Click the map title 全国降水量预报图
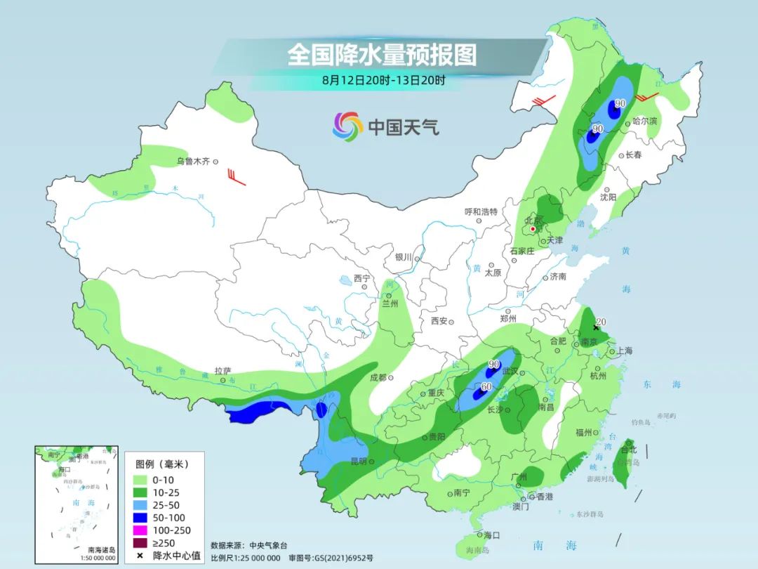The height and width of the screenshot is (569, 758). pos(382,54)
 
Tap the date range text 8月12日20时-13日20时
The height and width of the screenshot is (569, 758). pos(383,80)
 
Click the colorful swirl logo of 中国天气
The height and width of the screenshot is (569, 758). pos(347,126)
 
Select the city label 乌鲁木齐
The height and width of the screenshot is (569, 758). pos(193,162)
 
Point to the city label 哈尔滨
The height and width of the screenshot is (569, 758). pos(644,122)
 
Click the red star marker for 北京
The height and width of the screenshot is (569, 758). pos(533,229)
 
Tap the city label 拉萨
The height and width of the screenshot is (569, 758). pos(222,370)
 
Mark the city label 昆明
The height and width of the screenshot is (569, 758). pos(358,462)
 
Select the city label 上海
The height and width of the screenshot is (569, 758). pos(624,351)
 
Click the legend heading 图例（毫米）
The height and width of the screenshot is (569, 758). pos(161,464)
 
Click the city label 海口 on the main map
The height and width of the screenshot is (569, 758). pos(492,535)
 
